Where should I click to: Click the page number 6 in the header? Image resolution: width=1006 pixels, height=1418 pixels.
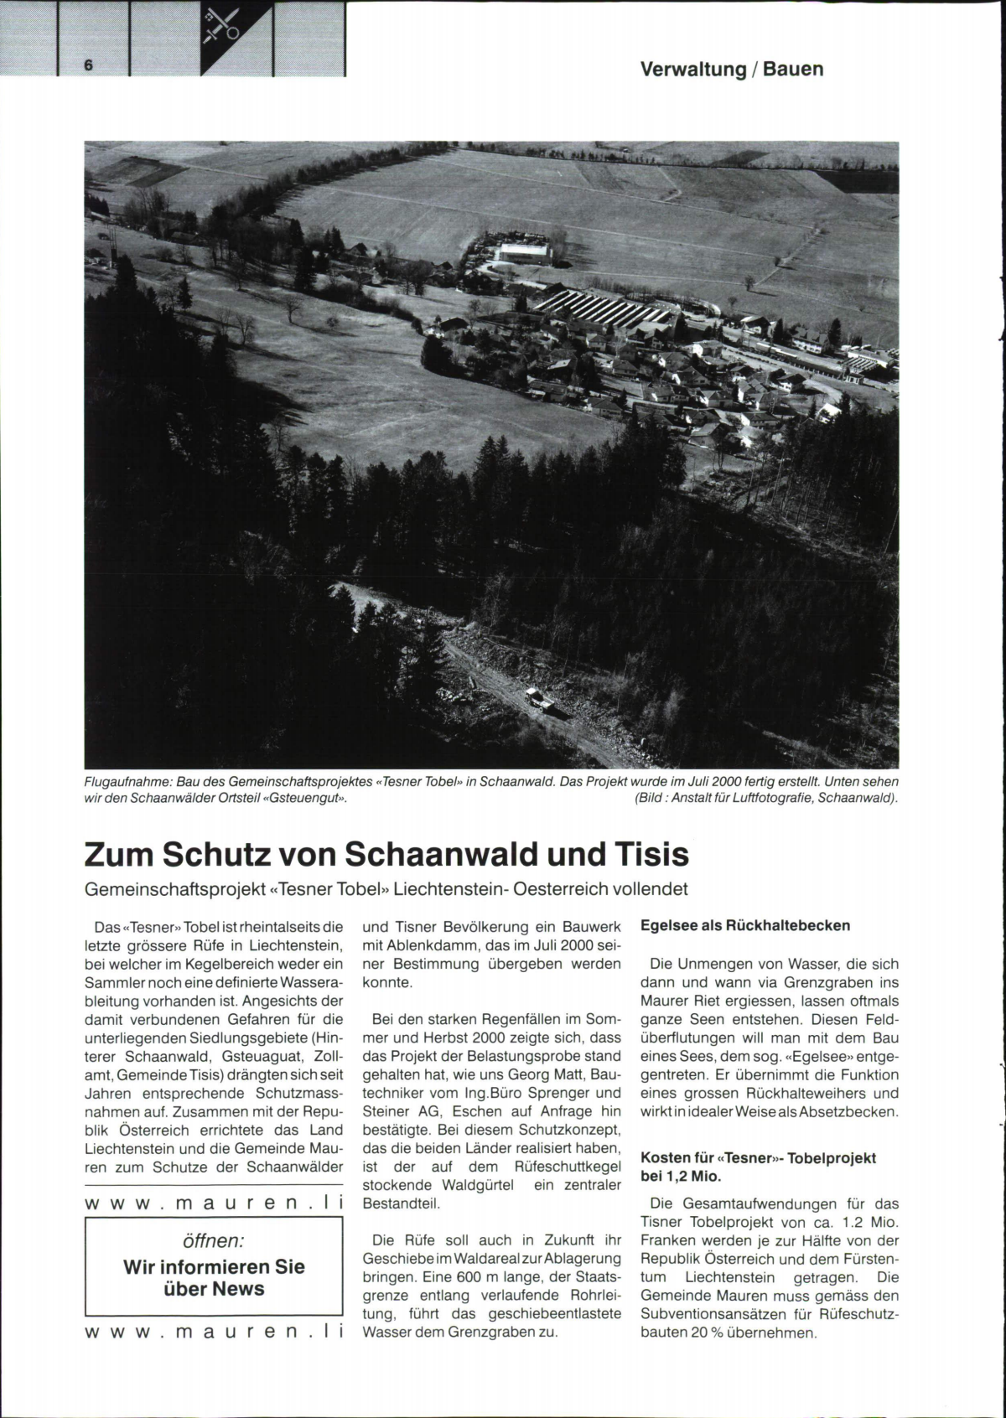click(87, 65)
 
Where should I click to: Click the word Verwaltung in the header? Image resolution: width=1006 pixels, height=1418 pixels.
click(692, 70)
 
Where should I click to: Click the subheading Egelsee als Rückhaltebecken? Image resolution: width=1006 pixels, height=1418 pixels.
click(744, 926)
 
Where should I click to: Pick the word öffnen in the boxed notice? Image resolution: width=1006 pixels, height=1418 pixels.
click(214, 1240)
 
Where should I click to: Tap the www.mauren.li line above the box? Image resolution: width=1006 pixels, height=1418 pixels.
click(215, 1203)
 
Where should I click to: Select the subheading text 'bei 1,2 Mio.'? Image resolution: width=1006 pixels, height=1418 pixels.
click(682, 1177)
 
